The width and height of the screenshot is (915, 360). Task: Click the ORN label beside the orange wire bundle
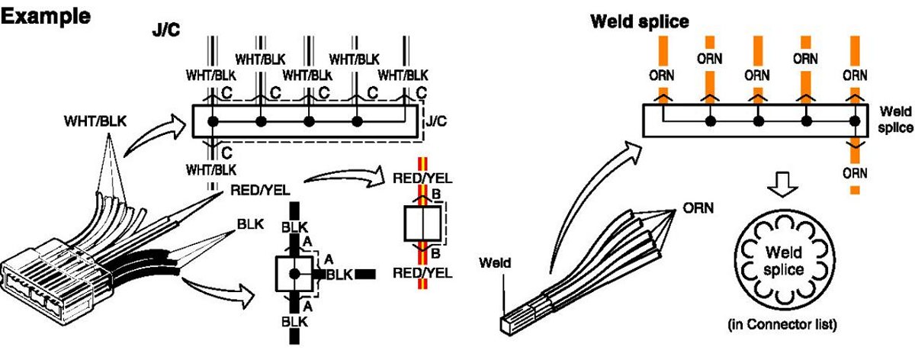(x=698, y=207)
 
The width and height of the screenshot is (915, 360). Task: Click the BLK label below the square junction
(x=294, y=321)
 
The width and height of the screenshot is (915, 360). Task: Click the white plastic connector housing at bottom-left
(x=46, y=286)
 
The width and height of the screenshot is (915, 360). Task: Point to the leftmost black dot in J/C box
(x=213, y=121)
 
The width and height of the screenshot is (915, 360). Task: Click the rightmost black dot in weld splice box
(x=856, y=121)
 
